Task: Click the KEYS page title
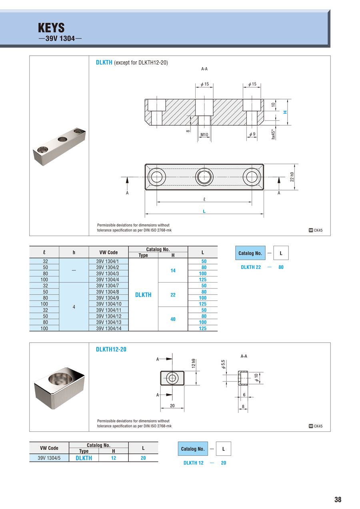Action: pyautogui.click(x=51, y=28)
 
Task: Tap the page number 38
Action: pyautogui.click(x=338, y=499)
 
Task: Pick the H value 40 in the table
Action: pyautogui.click(x=173, y=319)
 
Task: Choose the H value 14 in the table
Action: pyautogui.click(x=173, y=271)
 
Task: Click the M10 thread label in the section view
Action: pyautogui.click(x=204, y=135)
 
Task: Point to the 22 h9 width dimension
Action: pyautogui.click(x=292, y=177)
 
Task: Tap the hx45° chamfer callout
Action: pyautogui.click(x=274, y=134)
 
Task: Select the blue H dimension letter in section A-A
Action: pyautogui.click(x=285, y=112)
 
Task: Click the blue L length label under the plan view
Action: pyautogui.click(x=204, y=211)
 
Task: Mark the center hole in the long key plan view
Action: pyautogui.click(x=204, y=176)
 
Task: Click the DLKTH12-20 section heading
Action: pyautogui.click(x=111, y=349)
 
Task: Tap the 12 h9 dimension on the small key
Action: pyautogui.click(x=194, y=364)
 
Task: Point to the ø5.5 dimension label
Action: pyautogui.click(x=223, y=365)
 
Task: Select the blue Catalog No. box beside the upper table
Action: pyautogui.click(x=250, y=253)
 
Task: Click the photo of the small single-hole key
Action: pyautogui.click(x=59, y=387)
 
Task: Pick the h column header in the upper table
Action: pyautogui.click(x=74, y=252)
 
